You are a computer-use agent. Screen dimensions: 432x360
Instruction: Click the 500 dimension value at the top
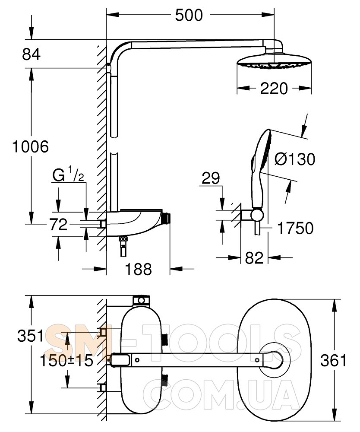pos(189,16)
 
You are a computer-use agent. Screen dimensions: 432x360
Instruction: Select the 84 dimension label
pos(31,54)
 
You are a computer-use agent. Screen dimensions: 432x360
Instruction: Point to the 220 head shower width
pos(274,89)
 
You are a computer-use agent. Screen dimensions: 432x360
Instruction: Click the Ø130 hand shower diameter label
pos(295,159)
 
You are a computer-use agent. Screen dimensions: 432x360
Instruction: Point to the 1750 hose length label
pos(295,228)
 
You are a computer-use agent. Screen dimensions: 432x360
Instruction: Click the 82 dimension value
pos(254,258)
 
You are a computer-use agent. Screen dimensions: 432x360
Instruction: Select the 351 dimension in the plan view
pos(31,336)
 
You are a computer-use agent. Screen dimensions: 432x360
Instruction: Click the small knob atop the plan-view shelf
pos(141,300)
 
